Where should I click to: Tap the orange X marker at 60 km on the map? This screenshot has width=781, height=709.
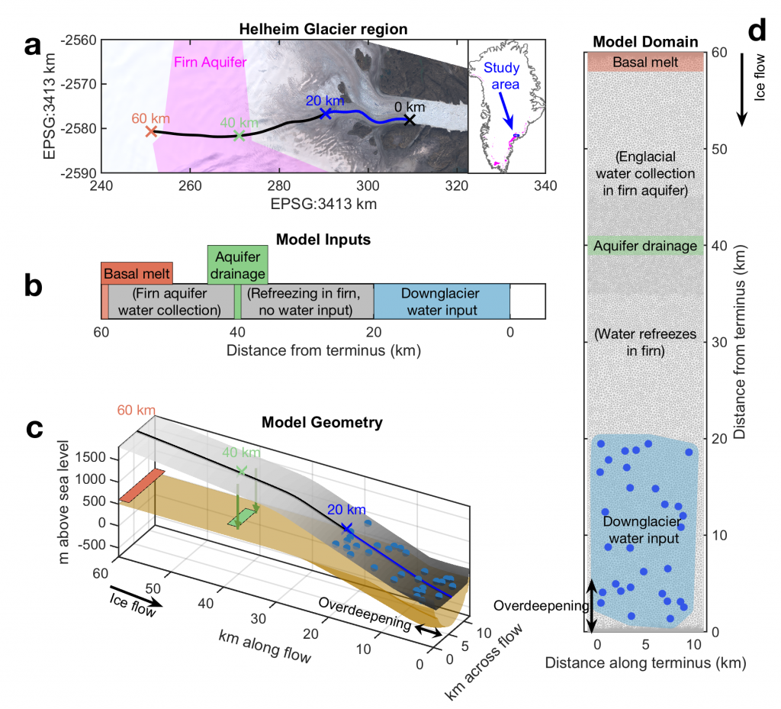tap(151, 131)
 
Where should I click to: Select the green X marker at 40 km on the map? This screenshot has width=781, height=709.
tap(239, 136)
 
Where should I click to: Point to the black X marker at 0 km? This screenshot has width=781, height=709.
tap(410, 120)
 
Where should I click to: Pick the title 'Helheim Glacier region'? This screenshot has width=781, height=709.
tap(324, 29)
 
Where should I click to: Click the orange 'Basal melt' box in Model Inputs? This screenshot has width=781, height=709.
tap(137, 272)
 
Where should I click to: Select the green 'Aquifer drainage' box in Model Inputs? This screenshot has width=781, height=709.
tap(237, 264)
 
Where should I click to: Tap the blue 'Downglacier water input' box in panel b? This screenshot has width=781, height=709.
tap(442, 301)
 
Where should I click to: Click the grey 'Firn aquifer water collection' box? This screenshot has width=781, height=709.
tap(170, 301)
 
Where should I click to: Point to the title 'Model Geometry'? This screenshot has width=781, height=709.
tap(321, 422)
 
